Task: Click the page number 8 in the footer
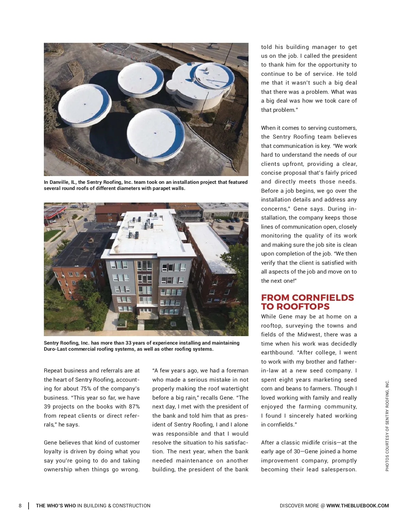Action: tap(20, 506)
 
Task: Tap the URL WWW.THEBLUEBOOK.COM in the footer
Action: tap(357, 506)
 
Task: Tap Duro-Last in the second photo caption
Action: tap(56, 349)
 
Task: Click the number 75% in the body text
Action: tap(87, 389)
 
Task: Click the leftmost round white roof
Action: tap(84, 105)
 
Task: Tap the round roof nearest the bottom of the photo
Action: tap(156, 133)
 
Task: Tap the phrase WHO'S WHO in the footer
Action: tap(56, 506)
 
